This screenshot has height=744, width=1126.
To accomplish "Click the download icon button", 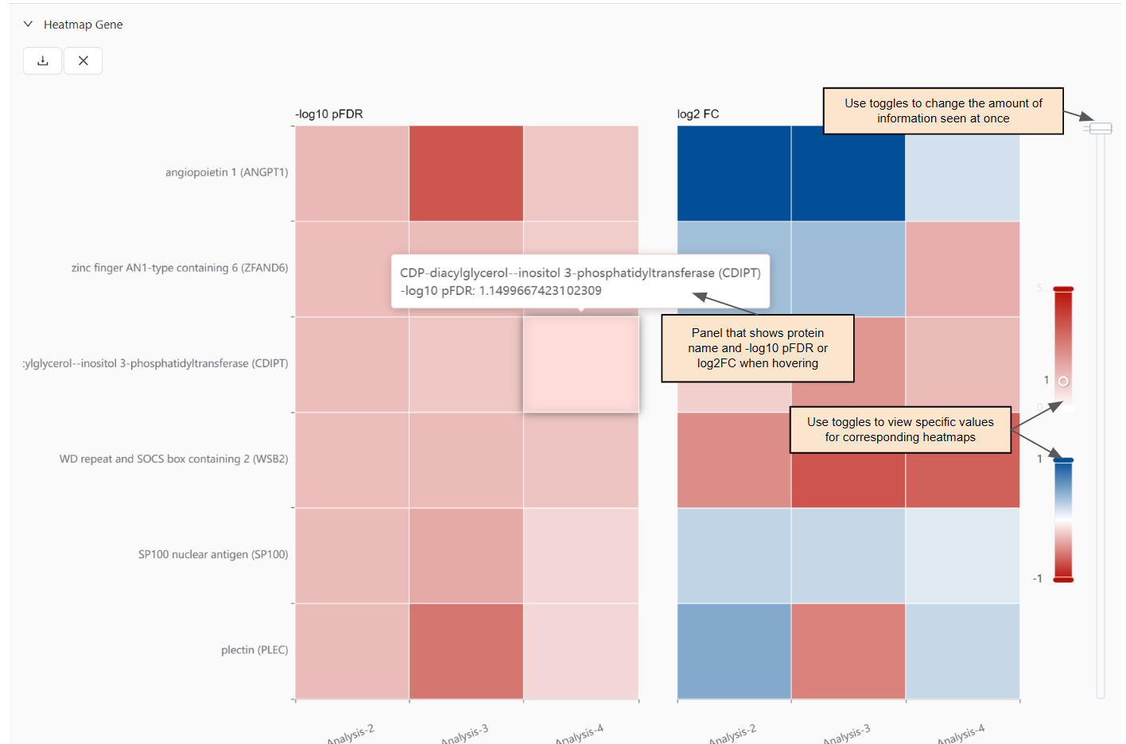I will click(x=43, y=60).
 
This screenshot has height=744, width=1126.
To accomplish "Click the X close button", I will click(x=83, y=60).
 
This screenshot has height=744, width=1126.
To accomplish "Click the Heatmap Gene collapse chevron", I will click(x=28, y=24).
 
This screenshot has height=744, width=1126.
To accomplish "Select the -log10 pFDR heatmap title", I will click(x=329, y=114).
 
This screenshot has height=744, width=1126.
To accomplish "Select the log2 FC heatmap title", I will click(x=697, y=114).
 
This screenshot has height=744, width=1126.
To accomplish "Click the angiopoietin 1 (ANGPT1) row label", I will click(x=227, y=172).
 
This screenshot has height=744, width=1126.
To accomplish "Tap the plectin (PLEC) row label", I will click(x=254, y=650).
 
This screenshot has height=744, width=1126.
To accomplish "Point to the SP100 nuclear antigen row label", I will click(x=213, y=555).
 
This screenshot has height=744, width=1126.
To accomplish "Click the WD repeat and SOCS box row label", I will click(x=173, y=459).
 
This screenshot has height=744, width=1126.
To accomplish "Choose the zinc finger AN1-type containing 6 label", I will click(x=180, y=268).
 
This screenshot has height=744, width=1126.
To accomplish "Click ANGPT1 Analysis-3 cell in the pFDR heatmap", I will click(x=466, y=173).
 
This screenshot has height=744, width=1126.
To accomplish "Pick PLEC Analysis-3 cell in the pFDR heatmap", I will click(x=466, y=652).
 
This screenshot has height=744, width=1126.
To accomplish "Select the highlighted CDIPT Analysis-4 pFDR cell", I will click(x=580, y=364).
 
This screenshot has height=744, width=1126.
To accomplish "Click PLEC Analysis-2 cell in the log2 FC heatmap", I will click(x=734, y=652).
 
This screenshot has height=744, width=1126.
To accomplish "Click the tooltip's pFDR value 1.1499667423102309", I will click(x=540, y=291).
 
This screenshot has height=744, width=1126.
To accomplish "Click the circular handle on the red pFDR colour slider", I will click(x=1063, y=382).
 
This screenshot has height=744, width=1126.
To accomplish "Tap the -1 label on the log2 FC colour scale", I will click(x=1037, y=579).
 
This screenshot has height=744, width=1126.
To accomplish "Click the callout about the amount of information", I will click(x=943, y=110).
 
